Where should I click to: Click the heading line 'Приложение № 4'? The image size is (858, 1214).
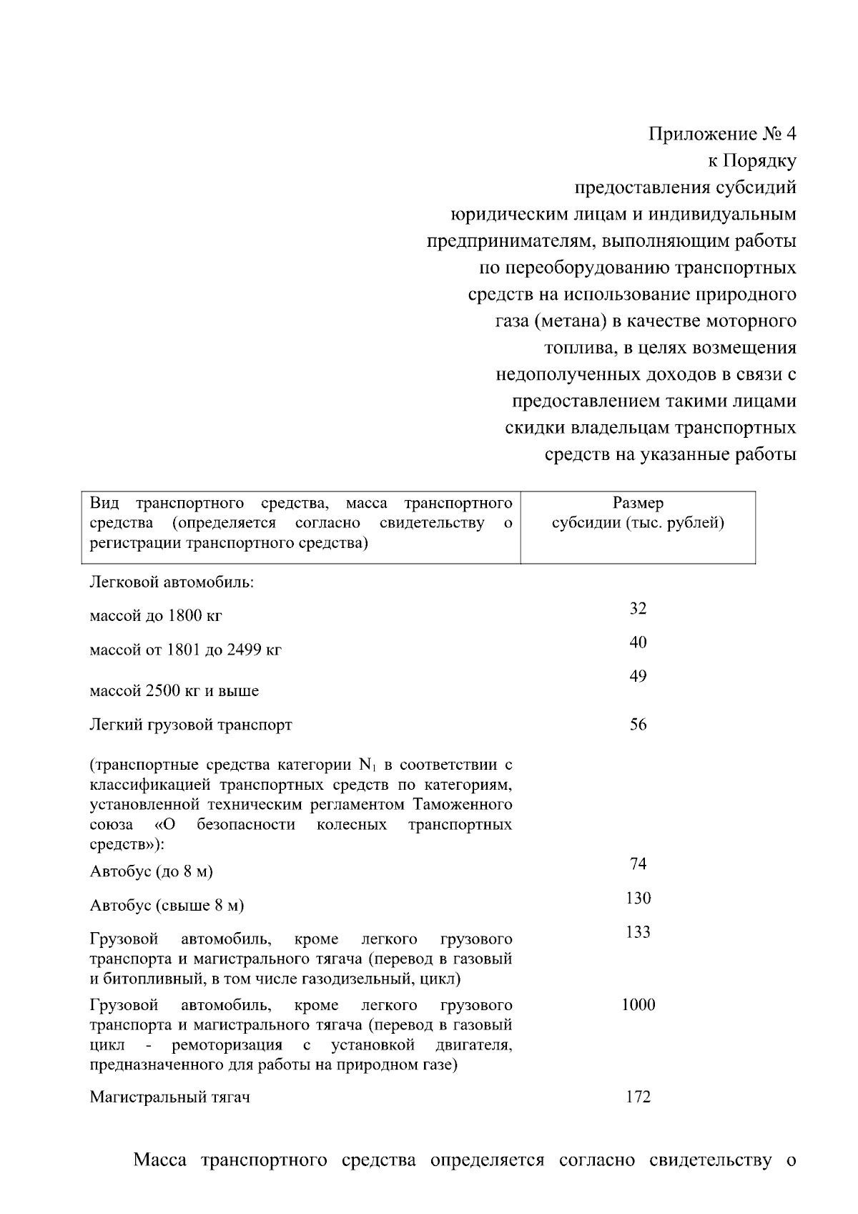722,134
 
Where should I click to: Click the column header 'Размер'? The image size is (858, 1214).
638,503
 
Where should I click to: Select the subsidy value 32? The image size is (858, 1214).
638,609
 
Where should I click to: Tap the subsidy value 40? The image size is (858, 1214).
638,642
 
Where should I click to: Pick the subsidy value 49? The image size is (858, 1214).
638,676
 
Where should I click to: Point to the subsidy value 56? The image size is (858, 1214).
638,725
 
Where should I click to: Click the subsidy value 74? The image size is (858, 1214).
638,864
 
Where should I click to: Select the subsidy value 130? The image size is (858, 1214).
638,898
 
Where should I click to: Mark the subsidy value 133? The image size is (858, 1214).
638,932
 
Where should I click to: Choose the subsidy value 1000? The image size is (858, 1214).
638,1005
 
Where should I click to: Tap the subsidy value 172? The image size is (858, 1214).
638,1097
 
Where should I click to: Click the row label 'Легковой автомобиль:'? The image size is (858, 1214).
172,582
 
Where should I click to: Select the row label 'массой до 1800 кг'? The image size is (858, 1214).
161,616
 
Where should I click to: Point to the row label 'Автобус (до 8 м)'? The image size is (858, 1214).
152,871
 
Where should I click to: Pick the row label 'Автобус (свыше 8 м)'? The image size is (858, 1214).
167,906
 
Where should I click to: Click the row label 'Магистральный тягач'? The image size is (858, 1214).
169,1097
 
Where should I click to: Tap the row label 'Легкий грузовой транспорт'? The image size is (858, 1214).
191,725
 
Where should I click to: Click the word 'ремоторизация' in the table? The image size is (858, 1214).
227,1045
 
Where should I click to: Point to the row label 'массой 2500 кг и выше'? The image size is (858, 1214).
174,691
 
